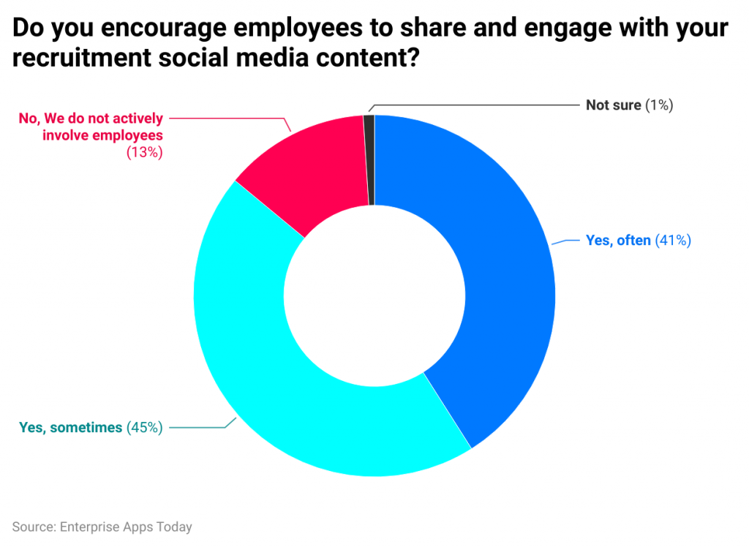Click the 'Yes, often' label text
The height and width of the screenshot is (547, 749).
[618, 241]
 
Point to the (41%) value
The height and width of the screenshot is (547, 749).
[673, 241]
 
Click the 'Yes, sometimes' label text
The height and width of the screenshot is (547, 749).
[70, 428]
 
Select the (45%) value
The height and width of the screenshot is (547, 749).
[144, 428]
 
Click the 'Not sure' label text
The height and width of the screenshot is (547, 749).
[613, 105]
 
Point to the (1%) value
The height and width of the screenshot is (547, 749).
[658, 105]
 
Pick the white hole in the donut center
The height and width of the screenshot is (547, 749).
[374, 295]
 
